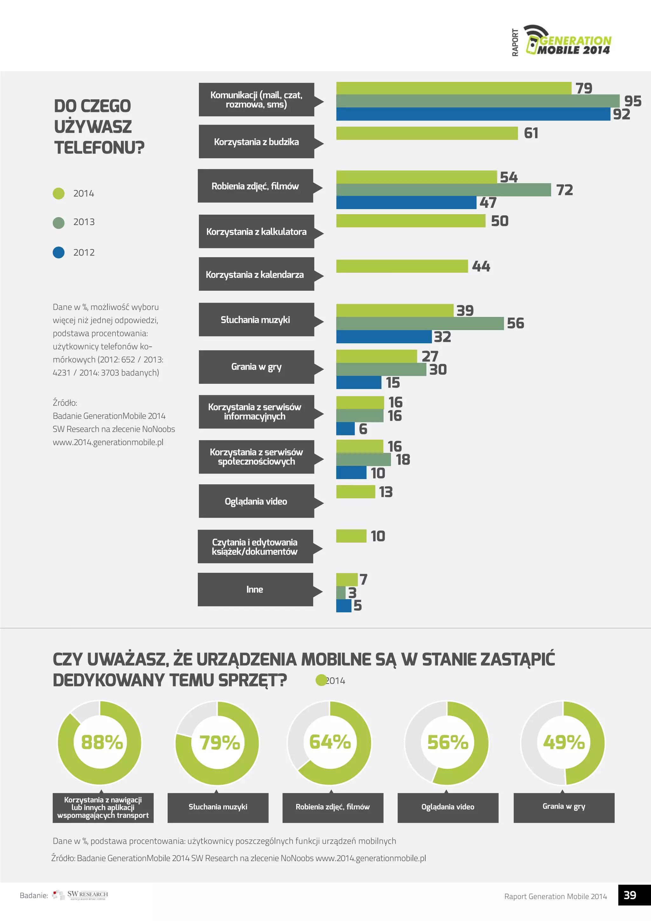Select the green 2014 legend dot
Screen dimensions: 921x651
[58, 193]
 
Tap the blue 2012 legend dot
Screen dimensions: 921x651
[58, 252]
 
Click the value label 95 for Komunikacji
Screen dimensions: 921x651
[633, 101]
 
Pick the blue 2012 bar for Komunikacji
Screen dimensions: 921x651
[473, 114]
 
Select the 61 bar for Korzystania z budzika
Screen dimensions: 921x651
[427, 133]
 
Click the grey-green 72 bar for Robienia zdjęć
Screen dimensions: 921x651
[443, 190]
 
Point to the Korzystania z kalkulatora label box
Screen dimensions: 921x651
[256, 232]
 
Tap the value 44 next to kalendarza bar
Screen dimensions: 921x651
[481, 267]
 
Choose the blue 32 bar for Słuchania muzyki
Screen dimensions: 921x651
[384, 336]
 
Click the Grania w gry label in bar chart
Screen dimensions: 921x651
[256, 367]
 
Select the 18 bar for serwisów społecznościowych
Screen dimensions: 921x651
[363, 460]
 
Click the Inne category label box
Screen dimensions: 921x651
[255, 589]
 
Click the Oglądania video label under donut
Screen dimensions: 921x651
[448, 807]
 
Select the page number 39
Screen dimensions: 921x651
[630, 895]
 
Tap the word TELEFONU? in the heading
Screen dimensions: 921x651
[99, 148]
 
